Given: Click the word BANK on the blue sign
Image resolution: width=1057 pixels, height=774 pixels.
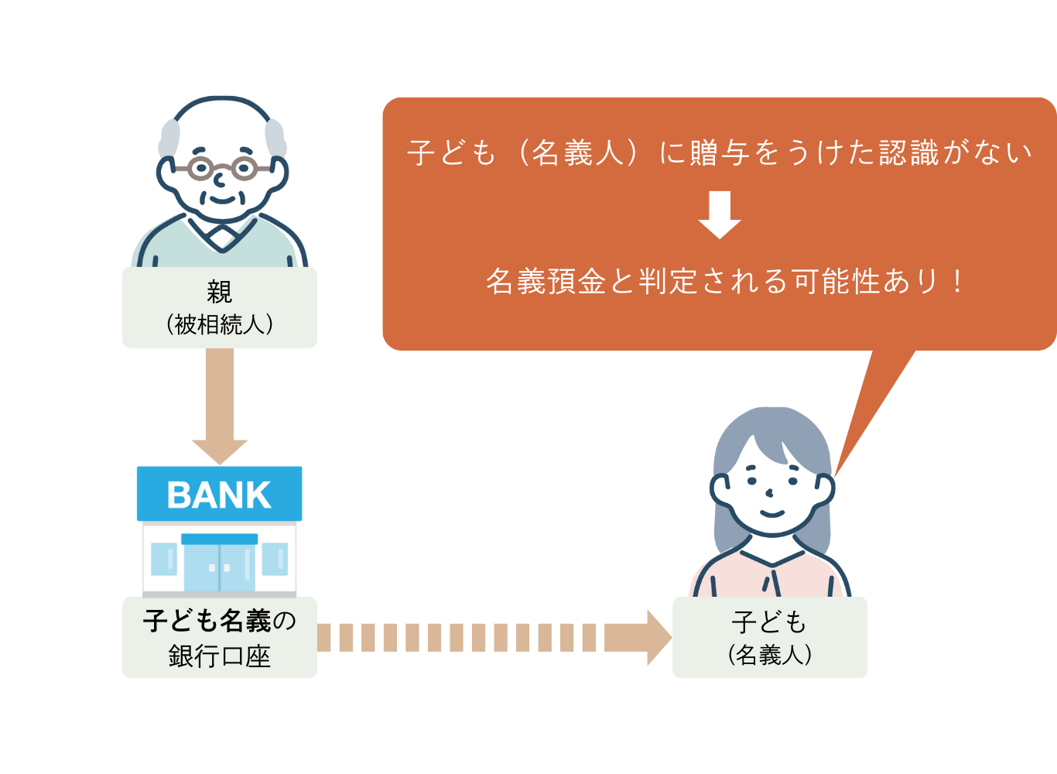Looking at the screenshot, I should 219,495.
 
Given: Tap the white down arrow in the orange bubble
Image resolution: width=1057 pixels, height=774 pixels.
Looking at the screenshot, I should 720,214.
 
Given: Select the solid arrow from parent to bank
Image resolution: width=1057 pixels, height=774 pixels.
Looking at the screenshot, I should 220,402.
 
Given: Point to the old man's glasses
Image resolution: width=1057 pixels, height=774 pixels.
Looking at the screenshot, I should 222,167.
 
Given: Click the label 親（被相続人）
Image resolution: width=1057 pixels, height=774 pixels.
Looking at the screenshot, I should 220,308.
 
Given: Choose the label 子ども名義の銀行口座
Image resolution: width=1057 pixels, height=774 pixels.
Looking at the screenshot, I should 220,638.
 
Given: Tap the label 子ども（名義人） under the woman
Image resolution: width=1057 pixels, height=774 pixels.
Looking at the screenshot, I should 770,638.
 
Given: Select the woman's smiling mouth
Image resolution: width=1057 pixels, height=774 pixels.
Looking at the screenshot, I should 771,513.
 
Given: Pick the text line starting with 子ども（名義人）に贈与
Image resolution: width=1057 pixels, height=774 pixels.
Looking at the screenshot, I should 720,152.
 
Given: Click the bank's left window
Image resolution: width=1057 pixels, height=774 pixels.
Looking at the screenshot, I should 164,559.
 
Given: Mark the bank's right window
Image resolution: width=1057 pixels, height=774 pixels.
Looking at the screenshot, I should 275,559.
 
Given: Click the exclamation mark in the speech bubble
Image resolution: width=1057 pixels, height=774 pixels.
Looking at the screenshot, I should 958,282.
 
